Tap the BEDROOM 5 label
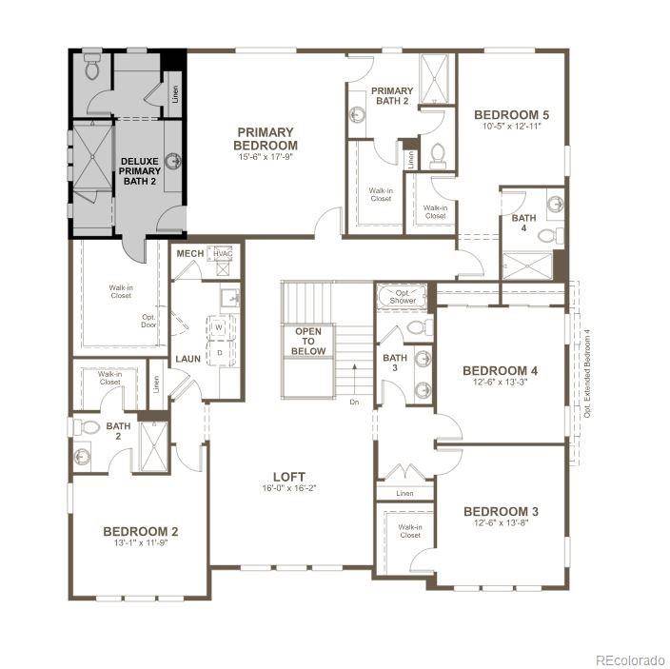pos(512,115)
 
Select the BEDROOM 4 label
pos(501,370)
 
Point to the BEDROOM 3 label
pos(501,511)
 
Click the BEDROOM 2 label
pos(141,531)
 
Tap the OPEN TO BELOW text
pos(308,342)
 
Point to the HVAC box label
pos(223,254)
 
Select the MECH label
pos(189,254)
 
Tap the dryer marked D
pos(218,353)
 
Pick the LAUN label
pos(187,359)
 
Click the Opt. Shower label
pos(403,295)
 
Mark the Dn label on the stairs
pos(354,402)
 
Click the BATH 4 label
pos(523,218)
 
